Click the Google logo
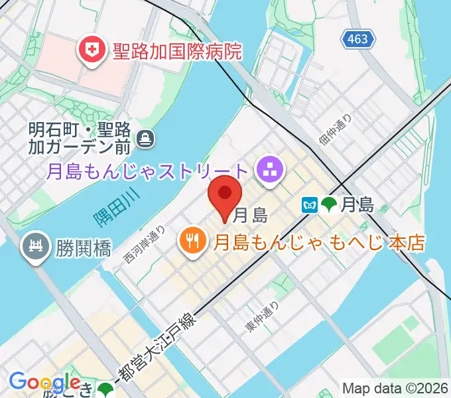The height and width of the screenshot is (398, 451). point(44,383)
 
